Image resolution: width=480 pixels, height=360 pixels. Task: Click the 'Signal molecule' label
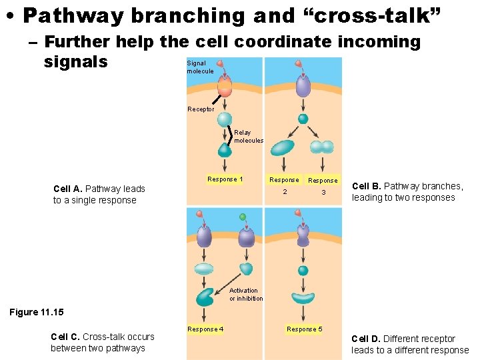200,67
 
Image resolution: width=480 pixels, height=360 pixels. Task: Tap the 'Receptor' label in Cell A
201,109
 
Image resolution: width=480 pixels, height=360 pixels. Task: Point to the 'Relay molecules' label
249,137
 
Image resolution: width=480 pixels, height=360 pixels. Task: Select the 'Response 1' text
225,179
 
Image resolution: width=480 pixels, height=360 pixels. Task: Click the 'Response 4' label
205,329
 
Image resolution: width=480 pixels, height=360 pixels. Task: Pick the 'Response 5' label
304,329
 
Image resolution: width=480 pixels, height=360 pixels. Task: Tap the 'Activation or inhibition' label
246,295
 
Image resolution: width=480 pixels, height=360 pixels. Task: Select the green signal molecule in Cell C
243,217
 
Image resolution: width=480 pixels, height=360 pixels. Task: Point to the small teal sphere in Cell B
303,119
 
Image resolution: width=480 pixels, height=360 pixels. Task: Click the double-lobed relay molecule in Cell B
323,147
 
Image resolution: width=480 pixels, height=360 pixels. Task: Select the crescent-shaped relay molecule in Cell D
303,298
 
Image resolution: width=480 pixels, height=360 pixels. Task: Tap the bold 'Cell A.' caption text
68,189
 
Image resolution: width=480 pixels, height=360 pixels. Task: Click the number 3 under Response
323,192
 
